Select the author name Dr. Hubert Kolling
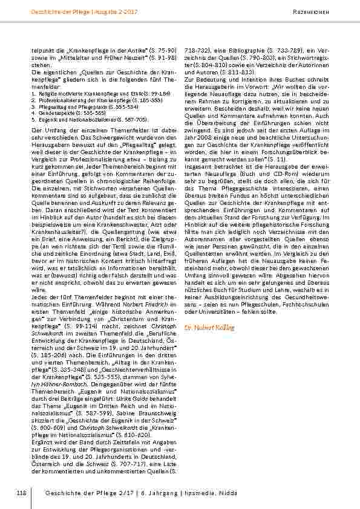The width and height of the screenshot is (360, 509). [209, 328]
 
